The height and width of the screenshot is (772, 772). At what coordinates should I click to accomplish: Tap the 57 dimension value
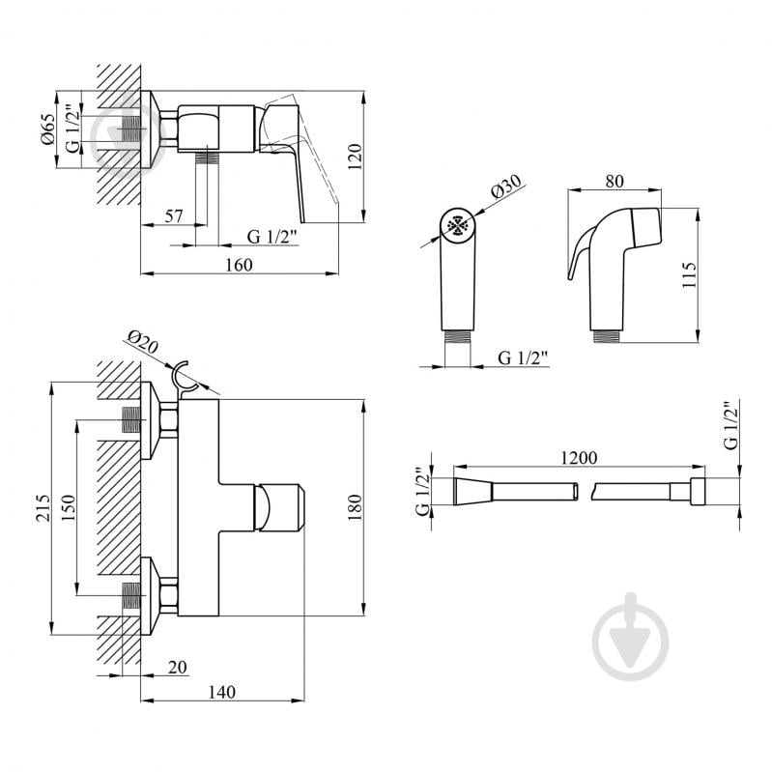pyautogui.click(x=174, y=216)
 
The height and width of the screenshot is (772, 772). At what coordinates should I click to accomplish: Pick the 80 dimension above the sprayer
pyautogui.click(x=613, y=180)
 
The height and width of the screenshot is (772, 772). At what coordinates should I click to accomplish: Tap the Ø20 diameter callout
pyautogui.click(x=141, y=341)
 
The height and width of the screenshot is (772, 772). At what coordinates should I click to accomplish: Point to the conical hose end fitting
pyautogui.click(x=474, y=491)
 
